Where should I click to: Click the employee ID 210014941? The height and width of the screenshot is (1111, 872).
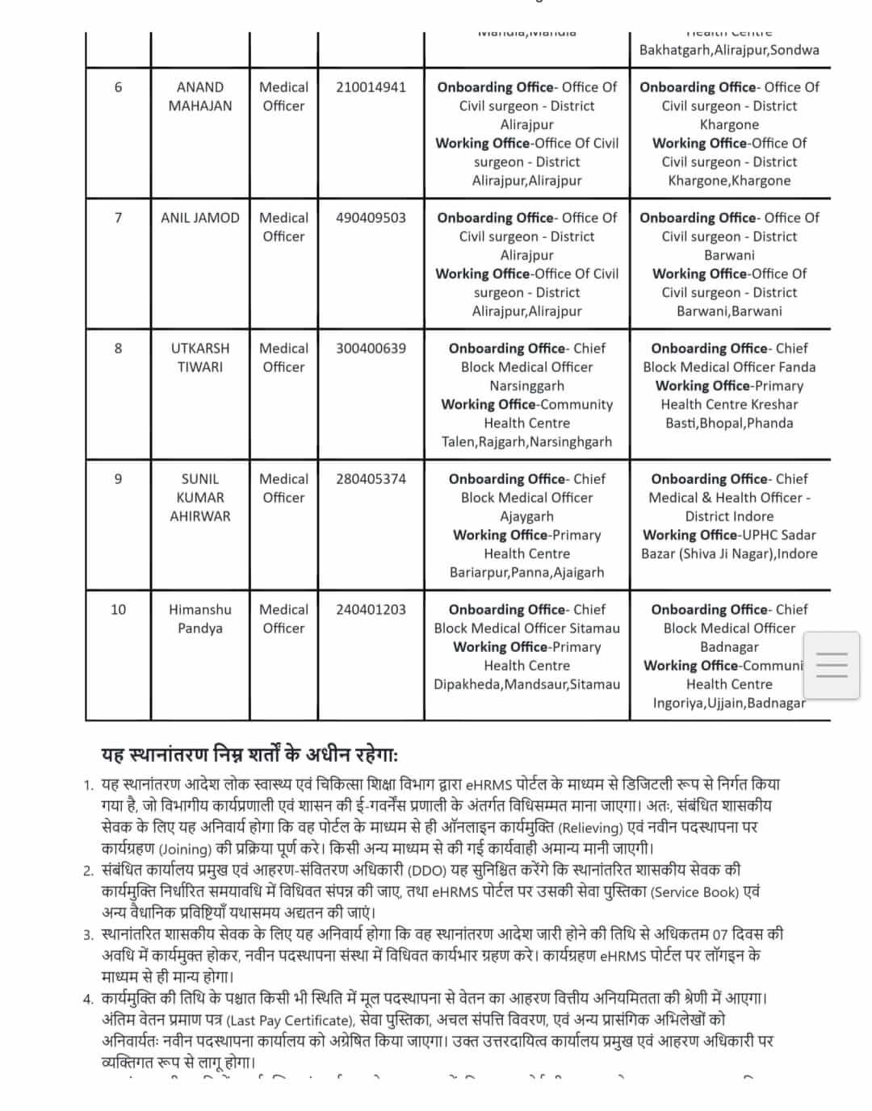tap(371, 87)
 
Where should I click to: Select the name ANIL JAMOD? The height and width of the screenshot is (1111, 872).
tap(200, 218)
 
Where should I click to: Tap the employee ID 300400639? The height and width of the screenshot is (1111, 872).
tap(371, 349)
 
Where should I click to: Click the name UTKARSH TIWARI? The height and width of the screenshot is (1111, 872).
tap(200, 357)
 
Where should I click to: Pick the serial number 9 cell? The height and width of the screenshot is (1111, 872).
tap(118, 479)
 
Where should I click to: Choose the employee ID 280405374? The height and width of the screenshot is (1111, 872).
tap(371, 479)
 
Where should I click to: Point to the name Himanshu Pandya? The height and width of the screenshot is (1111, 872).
tap(200, 619)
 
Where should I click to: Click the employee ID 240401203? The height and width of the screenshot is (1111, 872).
tap(371, 610)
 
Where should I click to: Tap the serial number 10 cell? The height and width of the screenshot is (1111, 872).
tap(118, 610)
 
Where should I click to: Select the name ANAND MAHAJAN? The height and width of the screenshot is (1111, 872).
tap(200, 96)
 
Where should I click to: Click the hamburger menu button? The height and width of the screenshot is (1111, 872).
tap(832, 665)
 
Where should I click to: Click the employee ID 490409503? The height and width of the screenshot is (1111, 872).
tap(371, 218)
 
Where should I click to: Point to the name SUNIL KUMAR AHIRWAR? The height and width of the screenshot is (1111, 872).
tap(200, 498)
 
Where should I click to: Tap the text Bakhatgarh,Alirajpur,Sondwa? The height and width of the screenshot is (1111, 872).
tap(729, 50)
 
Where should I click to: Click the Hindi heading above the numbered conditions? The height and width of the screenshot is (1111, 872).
tap(249, 755)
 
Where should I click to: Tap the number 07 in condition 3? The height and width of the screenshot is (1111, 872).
tap(719, 935)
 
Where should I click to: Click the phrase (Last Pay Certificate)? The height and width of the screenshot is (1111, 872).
tap(290, 1020)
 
